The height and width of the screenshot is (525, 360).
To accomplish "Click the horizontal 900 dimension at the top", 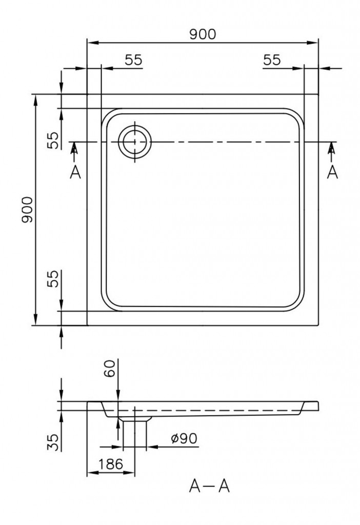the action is (x=203, y=34).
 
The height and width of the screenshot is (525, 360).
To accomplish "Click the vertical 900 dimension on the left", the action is (x=27, y=210).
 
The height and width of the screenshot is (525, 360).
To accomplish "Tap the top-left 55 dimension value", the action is (x=134, y=60).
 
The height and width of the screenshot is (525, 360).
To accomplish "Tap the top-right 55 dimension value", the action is (x=272, y=60).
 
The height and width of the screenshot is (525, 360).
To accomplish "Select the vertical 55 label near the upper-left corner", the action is (x=53, y=140).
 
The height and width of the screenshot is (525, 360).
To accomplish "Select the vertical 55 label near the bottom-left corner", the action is (x=53, y=278).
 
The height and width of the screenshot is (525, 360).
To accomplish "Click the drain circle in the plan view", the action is (x=135, y=142).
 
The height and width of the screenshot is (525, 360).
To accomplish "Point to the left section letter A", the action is (x=75, y=172).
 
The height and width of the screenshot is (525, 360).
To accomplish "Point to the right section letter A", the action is (x=332, y=172).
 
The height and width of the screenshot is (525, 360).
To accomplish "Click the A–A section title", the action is (x=210, y=486).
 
